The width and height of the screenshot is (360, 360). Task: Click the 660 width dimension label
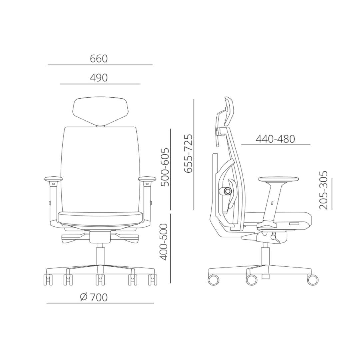pos(99,59)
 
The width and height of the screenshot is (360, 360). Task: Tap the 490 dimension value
pos(99,78)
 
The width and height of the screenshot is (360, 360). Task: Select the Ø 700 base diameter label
pos(94,297)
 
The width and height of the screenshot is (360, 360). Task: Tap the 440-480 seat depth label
pos(275,139)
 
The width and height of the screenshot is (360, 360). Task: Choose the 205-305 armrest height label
pos(323,190)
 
